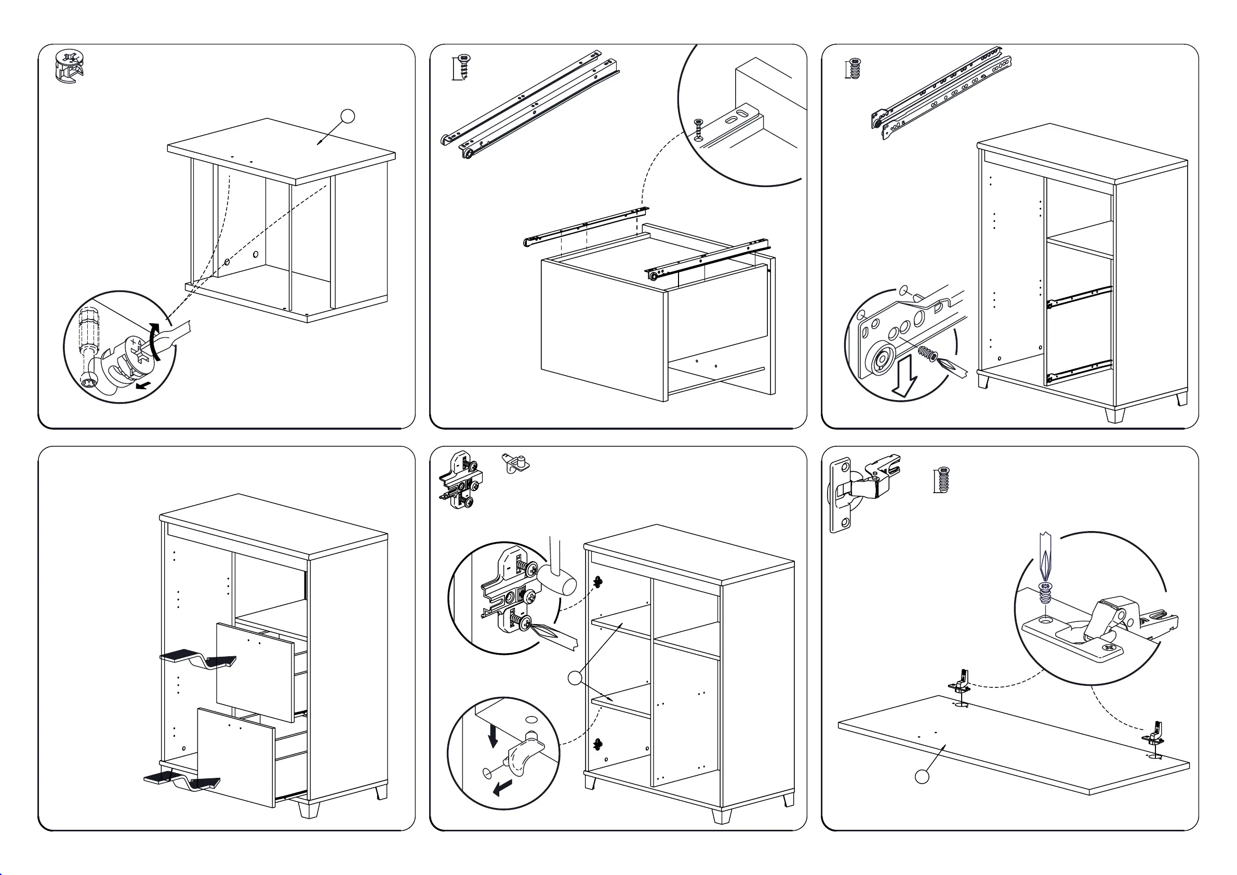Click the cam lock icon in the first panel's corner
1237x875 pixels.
tap(69, 68)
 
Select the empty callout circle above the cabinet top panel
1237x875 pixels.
tap(348, 116)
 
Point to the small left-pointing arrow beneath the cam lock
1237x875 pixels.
tap(143, 386)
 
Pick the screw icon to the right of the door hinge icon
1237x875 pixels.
tap(942, 480)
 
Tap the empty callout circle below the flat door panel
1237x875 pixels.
tap(922, 777)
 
